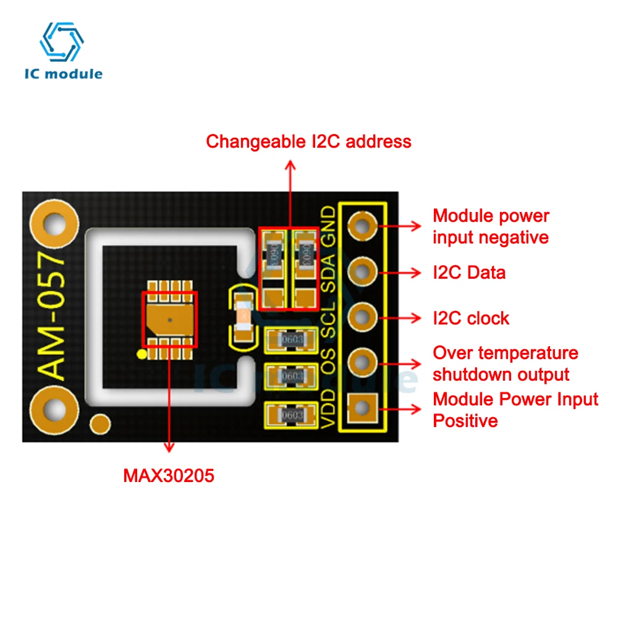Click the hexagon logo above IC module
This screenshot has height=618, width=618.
coord(62,41)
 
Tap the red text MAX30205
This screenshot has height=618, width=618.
coord(169,476)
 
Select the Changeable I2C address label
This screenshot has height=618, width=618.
coord(308,142)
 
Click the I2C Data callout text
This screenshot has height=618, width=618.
coord(468,272)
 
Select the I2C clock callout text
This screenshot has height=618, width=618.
coord(471,318)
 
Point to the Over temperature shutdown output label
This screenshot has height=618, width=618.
coord(505,364)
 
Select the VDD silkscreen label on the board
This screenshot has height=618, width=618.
coord(330,409)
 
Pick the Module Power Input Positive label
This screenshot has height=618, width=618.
coord(515,410)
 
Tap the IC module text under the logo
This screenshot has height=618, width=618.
coord(63,74)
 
